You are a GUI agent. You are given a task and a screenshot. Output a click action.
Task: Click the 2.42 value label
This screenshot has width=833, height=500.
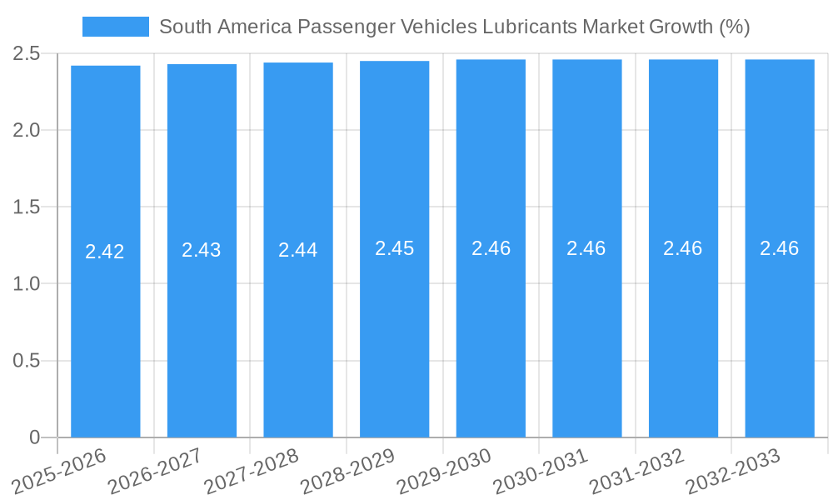tap(105, 252)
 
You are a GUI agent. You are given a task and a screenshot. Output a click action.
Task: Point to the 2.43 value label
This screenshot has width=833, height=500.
tap(202, 250)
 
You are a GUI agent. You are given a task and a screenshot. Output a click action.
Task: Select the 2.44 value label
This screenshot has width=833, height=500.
tap(297, 250)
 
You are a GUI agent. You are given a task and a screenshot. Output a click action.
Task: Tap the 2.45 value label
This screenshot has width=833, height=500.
tap(394, 248)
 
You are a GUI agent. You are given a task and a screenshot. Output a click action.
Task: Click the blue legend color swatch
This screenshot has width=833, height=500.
tap(115, 27)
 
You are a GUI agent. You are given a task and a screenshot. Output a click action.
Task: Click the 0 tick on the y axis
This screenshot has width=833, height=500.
tap(34, 437)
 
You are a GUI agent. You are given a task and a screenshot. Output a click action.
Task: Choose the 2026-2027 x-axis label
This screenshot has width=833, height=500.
tap(155, 472)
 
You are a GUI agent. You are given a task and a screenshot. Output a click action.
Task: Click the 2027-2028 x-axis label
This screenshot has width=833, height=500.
tap(251, 472)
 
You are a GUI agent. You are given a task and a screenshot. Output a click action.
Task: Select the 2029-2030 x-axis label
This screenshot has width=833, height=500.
tap(444, 472)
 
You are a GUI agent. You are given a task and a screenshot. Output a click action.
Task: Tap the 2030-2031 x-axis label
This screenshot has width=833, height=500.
tap(541, 472)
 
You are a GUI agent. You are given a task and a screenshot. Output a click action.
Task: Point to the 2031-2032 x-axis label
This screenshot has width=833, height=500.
tap(636, 472)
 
